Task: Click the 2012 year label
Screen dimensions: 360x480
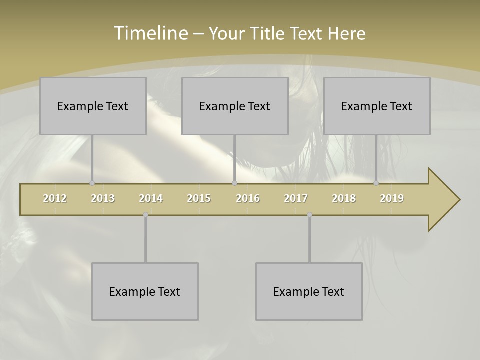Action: [x=55, y=198]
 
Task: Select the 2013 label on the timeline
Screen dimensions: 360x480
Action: [x=103, y=198]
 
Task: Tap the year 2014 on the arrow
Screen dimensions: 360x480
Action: [x=151, y=198]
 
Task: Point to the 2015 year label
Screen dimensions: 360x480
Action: [x=199, y=198]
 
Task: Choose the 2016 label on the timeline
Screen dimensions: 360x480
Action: [x=248, y=198]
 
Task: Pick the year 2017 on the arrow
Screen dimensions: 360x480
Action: [x=296, y=198]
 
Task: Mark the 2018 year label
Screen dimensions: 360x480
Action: [x=344, y=198]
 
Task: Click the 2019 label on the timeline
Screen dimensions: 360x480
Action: [x=392, y=198]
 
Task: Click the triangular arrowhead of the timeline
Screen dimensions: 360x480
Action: [x=442, y=200]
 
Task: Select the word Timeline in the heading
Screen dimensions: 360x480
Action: [x=150, y=33]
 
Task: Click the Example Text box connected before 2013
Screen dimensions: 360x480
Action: [x=93, y=106]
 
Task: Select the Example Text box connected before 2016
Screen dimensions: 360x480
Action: [x=235, y=106]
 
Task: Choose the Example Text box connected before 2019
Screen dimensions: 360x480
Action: [x=377, y=106]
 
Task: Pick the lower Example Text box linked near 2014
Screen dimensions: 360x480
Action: [x=145, y=291]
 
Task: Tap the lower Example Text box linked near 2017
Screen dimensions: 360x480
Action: [x=309, y=291]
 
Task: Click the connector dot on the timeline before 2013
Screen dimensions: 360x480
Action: [x=92, y=183]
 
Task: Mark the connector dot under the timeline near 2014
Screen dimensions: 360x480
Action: [x=145, y=215]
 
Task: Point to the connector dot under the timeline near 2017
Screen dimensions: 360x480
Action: [x=309, y=215]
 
